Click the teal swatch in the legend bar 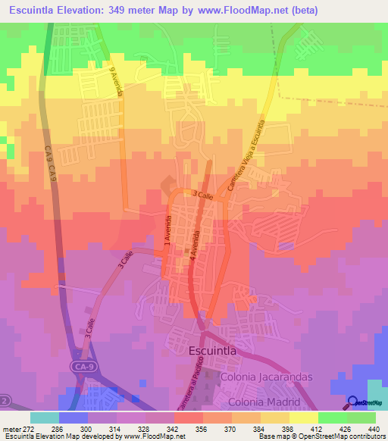coord(44,417)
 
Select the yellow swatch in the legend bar coord(302,417)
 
